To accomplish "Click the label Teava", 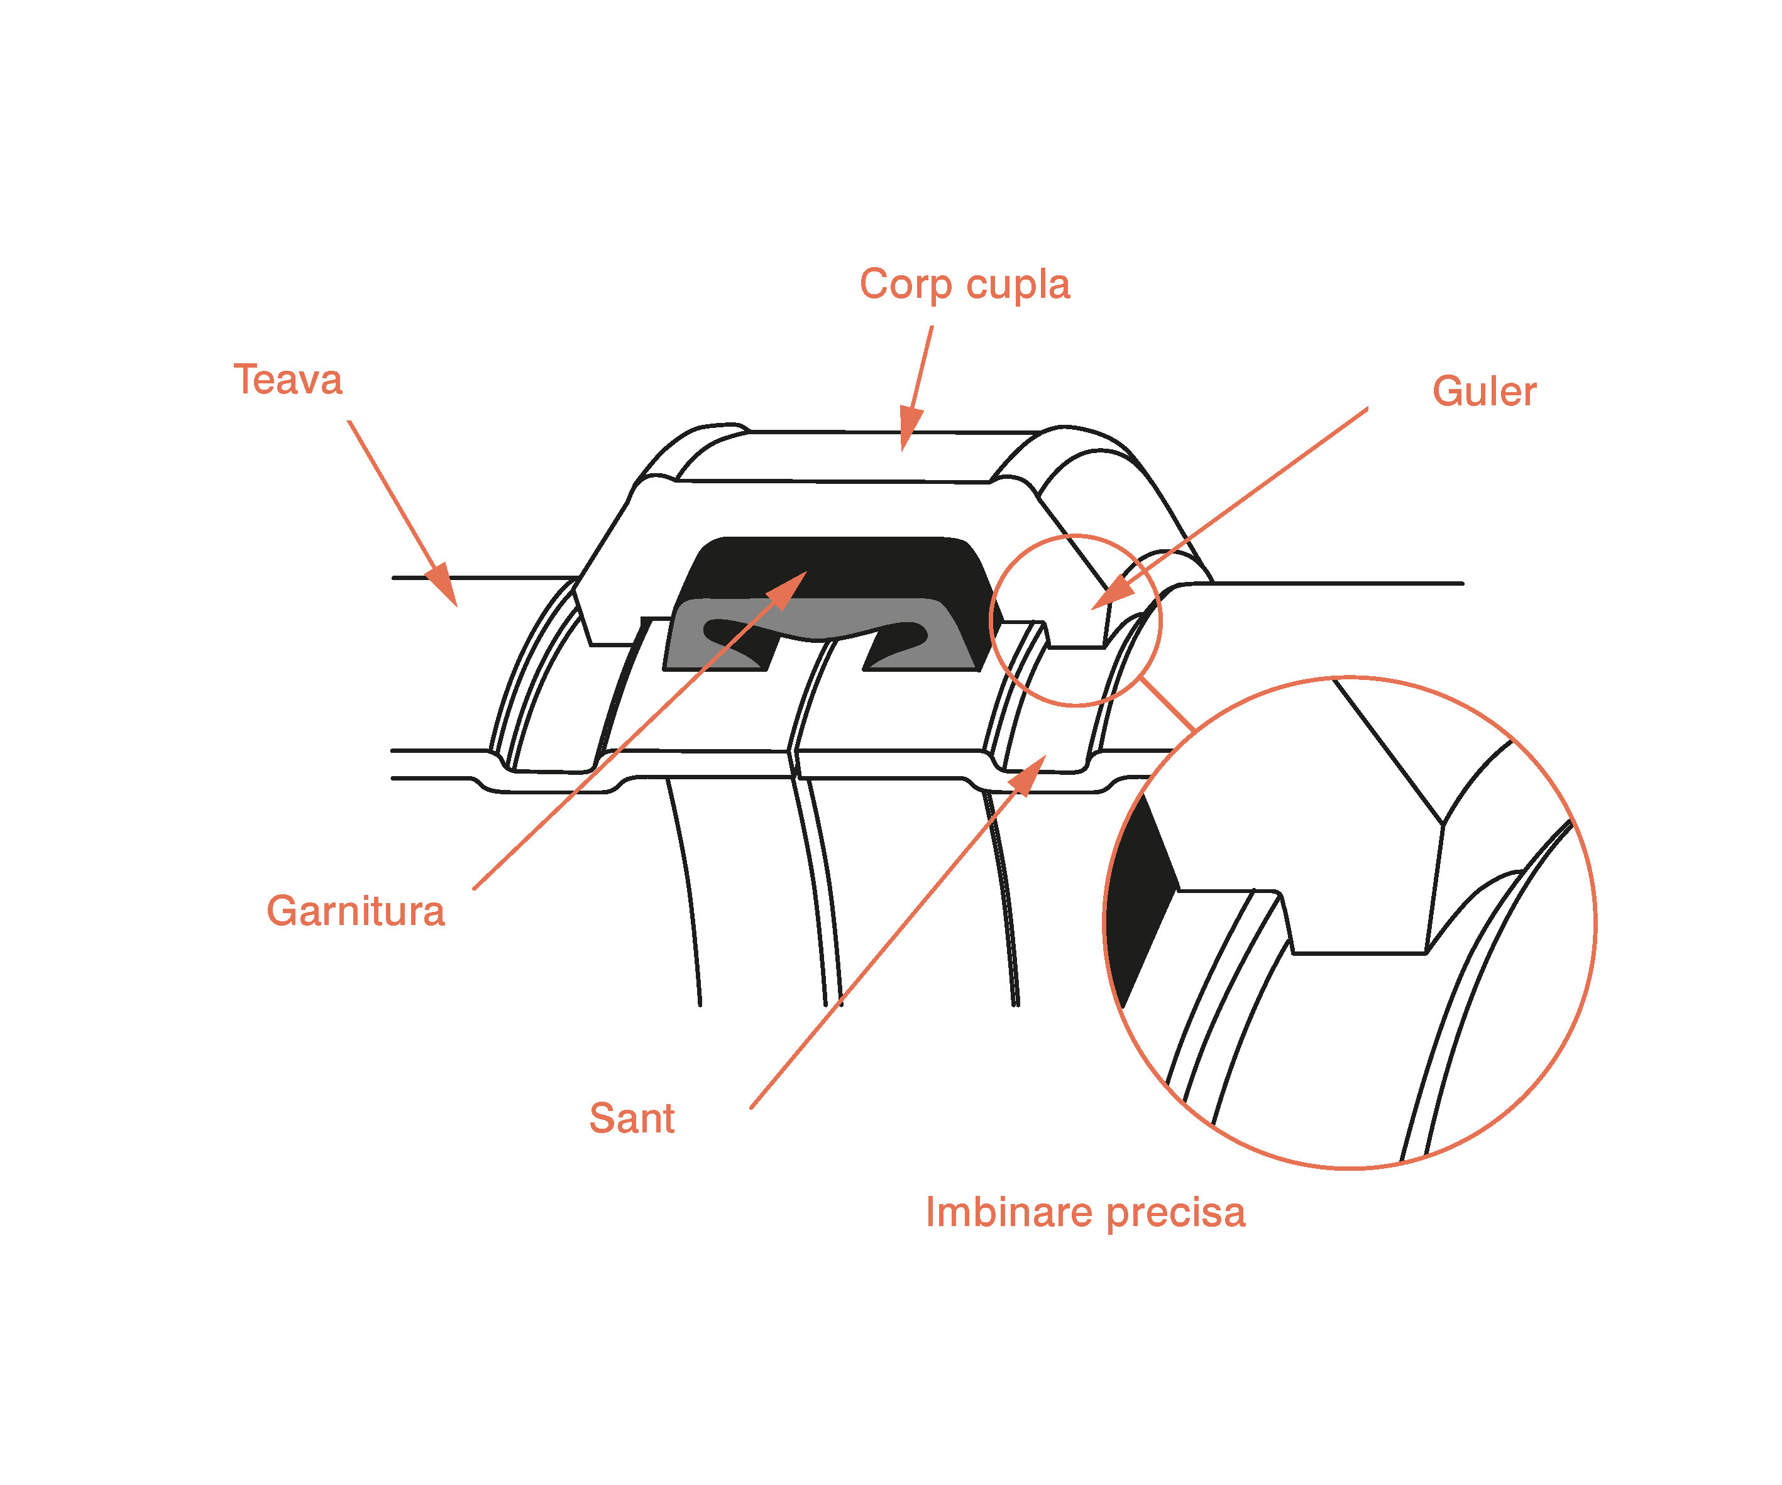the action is (x=288, y=380).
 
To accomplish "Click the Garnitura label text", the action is (x=356, y=911).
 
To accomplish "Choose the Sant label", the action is (x=632, y=1119).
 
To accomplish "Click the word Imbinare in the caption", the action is (x=1008, y=1212).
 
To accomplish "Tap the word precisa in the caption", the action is (x=1177, y=1214).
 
